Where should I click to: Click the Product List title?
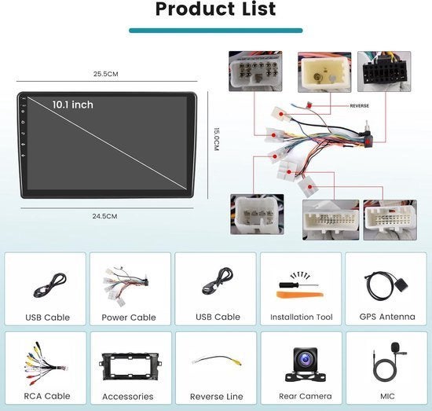215,9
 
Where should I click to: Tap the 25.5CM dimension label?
106,74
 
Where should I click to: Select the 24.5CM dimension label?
104,216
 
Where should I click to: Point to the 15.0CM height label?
217,139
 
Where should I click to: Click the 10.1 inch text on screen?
73,105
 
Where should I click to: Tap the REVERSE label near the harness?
359,106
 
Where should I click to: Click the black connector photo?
384,72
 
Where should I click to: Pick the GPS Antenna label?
387,317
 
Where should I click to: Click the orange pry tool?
300,295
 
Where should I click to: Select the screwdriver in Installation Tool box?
298,285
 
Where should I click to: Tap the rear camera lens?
306,359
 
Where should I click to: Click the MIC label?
387,396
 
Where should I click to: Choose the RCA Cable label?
47,396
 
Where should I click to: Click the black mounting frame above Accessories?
130,367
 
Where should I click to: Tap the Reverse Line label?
217,397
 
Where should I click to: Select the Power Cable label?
129,317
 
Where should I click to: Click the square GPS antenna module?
401,284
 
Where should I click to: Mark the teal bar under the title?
216,31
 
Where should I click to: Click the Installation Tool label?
302,317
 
